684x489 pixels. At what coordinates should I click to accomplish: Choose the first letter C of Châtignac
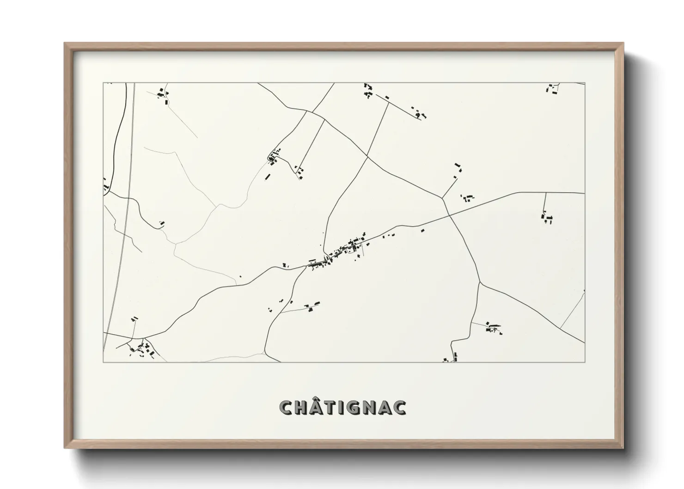click(287, 408)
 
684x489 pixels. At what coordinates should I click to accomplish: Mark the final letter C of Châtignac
click(399, 408)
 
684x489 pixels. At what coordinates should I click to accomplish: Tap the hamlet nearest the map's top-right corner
click(552, 89)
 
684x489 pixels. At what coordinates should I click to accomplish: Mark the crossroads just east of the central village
click(449, 214)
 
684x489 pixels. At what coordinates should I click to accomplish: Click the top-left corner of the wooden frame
click(65, 43)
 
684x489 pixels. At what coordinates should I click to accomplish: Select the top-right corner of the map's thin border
click(585, 83)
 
